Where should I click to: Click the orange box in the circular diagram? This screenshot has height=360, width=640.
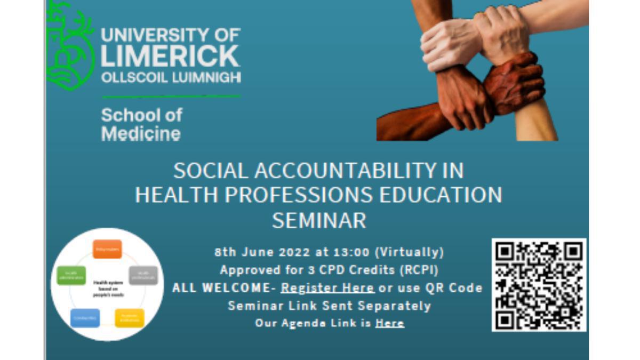(x=107, y=249)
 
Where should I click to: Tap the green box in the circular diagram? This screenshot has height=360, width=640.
(x=71, y=275)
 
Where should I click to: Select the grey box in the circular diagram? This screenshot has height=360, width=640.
(x=143, y=275)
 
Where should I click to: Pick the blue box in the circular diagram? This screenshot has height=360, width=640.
(x=85, y=318)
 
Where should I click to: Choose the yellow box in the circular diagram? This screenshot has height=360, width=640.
(x=130, y=318)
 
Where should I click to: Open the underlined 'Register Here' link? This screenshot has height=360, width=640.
(x=327, y=288)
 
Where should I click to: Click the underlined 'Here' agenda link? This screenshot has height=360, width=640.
(x=389, y=323)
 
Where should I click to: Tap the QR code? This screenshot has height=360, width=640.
(x=539, y=285)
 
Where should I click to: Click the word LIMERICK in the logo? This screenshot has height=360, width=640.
(x=171, y=56)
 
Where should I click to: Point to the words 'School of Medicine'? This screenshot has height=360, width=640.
(x=141, y=124)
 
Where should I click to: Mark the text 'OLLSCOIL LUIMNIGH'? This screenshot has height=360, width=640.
(x=171, y=78)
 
